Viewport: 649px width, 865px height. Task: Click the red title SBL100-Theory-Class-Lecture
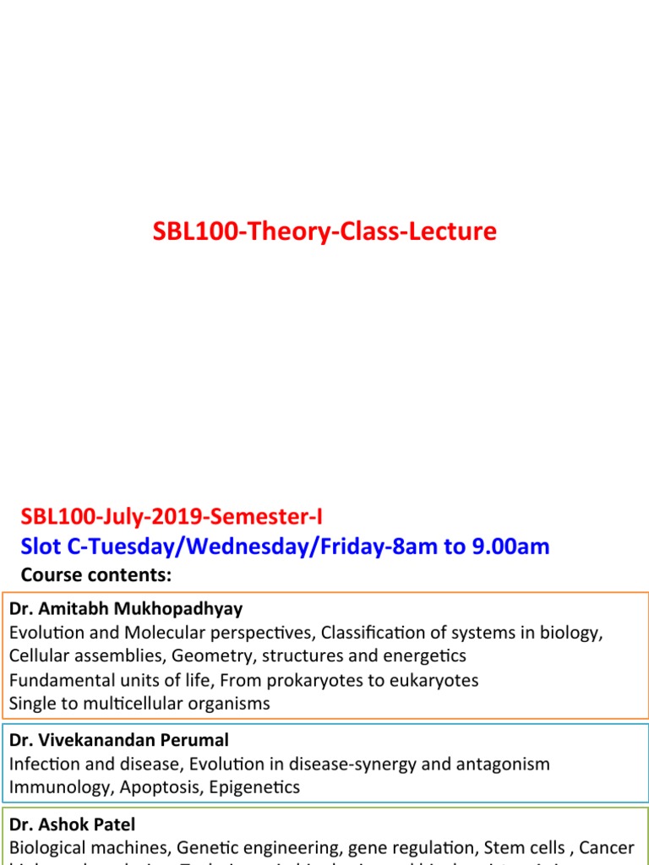(325, 231)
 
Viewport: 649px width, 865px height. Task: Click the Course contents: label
(95, 575)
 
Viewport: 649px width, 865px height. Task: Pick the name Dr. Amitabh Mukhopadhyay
(126, 609)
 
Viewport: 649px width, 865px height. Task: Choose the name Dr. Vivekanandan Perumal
(119, 740)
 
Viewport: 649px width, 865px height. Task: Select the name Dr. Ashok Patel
(73, 824)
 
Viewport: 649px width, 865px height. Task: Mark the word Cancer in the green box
(606, 847)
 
